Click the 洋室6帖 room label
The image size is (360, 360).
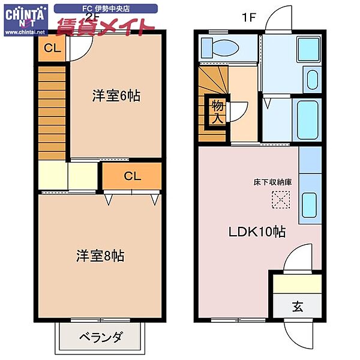coord(116,95)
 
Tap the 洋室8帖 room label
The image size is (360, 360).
coord(100,256)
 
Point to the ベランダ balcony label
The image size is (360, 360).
coord(100,337)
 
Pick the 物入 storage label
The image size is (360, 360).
coord(217,112)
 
